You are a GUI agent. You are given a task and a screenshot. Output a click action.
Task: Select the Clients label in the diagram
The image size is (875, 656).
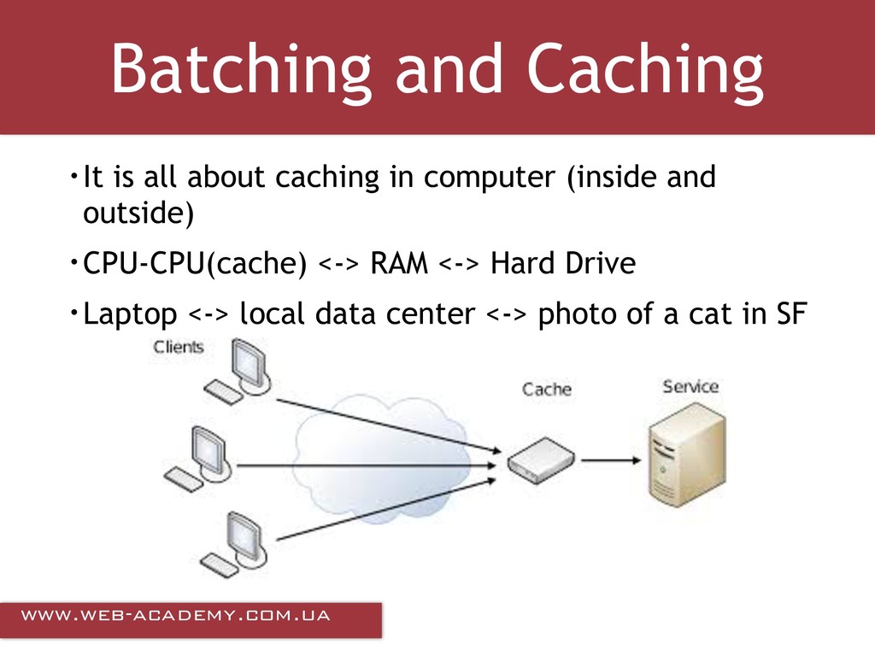point(179,347)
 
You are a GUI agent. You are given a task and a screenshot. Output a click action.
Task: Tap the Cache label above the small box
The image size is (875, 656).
point(546,389)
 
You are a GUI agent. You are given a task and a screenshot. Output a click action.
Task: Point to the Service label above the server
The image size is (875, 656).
point(690,386)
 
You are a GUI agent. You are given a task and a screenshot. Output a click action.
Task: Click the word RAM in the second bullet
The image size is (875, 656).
point(398,265)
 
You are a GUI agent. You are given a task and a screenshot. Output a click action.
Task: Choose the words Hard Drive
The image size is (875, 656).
point(562,265)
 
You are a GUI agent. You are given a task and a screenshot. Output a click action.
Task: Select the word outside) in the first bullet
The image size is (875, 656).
point(138,214)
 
